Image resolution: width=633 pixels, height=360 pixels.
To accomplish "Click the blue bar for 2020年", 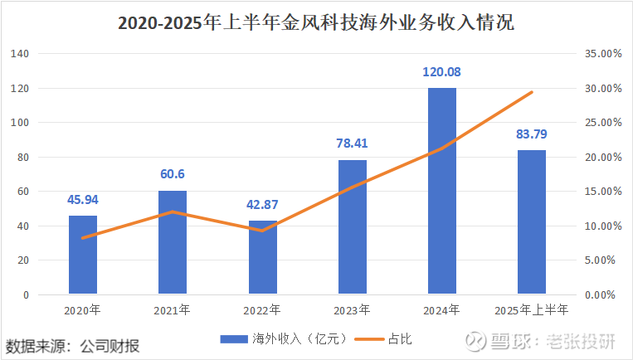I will click(83, 255).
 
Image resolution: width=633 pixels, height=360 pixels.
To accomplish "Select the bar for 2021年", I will click(173, 243).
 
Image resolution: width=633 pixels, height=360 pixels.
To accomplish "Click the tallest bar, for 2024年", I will click(442, 191).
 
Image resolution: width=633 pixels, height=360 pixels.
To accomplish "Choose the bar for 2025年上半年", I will click(532, 222).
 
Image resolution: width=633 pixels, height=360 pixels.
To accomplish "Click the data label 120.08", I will click(442, 72).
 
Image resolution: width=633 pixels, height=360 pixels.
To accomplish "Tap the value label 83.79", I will click(532, 134).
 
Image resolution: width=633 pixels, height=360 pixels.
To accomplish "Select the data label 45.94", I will click(83, 199).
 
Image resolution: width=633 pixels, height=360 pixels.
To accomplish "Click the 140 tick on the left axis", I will click(21, 54).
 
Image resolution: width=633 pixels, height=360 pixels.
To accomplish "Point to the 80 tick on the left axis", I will click(23, 157).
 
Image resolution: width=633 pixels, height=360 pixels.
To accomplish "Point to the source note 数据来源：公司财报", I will click(72, 344).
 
